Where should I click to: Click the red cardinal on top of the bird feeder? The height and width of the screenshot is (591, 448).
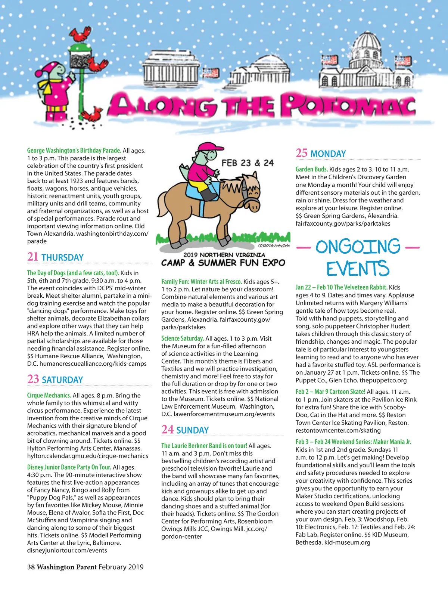pos(82,34)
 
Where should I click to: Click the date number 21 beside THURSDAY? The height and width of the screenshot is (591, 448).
pos(33,257)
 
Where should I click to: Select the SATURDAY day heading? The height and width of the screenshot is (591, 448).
pos(62,380)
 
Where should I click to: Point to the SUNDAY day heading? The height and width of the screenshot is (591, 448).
pos(192,430)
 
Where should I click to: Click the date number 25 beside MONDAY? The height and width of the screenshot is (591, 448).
pos(302,153)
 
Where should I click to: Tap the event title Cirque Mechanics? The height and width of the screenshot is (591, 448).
pos(49,395)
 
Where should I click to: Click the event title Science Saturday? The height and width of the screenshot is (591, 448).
pos(183,338)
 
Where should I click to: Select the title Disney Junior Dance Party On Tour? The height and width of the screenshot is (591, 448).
pos(69,467)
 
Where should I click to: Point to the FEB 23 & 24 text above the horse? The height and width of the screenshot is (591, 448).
pos(248,163)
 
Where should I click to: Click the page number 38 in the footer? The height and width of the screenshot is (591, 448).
pos(31,567)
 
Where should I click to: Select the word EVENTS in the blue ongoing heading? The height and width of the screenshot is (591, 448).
pos(358,269)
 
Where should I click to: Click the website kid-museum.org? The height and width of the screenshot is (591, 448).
pos(347,542)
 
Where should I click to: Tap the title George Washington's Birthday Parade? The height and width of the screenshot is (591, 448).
pos(74,151)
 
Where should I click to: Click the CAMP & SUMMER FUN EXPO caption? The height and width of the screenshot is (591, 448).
pos(223,263)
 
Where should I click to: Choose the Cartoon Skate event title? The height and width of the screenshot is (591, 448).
pos(330,392)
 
